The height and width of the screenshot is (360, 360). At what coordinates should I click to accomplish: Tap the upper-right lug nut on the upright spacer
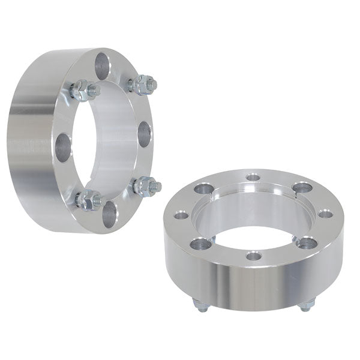[143, 85]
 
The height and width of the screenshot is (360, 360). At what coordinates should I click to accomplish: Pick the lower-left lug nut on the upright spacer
[88, 200]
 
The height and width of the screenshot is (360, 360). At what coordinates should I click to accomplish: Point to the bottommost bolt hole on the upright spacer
[109, 214]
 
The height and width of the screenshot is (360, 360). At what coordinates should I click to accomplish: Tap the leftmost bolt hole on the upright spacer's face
[62, 146]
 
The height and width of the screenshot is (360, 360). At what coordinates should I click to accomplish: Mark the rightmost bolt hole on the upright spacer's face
[144, 134]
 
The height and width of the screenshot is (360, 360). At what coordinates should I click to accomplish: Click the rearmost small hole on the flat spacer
[253, 177]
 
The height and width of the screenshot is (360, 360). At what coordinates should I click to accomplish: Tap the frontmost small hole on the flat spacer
[254, 256]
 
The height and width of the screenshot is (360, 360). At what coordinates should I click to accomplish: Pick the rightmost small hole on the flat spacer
[325, 213]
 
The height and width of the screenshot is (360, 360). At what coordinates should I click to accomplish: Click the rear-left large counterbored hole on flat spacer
[202, 188]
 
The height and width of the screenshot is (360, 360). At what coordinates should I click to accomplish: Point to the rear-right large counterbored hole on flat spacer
[302, 188]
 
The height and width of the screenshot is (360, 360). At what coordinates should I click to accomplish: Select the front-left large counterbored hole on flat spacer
[200, 242]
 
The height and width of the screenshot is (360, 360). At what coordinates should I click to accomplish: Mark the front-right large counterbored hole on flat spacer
[306, 242]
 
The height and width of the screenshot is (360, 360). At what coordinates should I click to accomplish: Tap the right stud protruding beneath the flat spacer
[306, 305]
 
